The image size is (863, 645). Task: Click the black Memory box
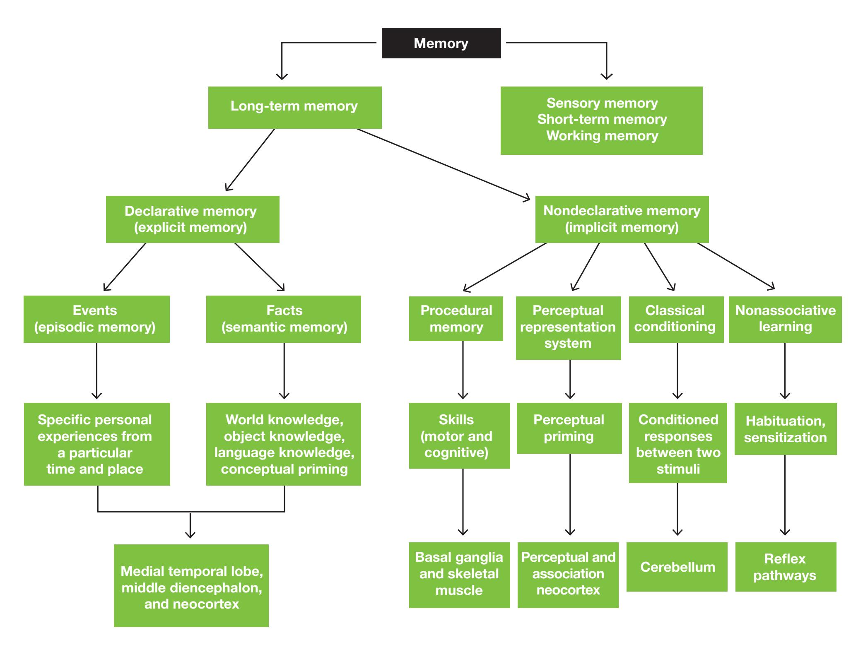tap(441, 43)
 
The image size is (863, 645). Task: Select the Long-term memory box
tap(294, 107)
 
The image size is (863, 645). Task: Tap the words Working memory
tap(602, 136)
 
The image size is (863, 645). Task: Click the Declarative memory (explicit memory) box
tap(193, 219)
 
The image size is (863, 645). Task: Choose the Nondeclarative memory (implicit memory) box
tap(622, 219)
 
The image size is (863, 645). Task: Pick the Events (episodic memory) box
tap(96, 319)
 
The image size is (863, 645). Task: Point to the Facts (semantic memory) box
tap(284, 319)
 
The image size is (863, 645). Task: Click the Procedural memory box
tap(456, 318)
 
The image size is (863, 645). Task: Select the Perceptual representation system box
tap(568, 327)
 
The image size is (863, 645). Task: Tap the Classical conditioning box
tap(676, 319)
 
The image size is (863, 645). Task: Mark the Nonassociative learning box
tap(785, 319)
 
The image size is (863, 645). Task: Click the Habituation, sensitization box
tap(786, 429)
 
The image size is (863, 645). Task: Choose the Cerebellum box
tap(677, 567)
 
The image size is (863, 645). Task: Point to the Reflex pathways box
tap(786, 567)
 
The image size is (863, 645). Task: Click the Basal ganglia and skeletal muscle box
tap(459, 575)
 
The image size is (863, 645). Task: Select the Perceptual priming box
tap(569, 428)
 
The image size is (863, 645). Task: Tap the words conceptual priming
tap(284, 469)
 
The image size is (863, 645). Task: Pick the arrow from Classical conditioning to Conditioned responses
tap(677, 371)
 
